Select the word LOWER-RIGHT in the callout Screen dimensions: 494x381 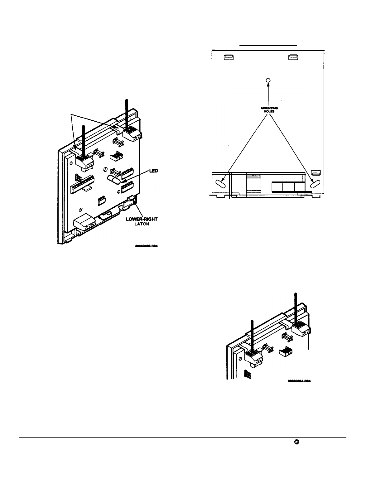click(142, 219)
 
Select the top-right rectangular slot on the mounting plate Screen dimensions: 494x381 click(293, 57)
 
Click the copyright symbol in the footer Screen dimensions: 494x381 click(296, 442)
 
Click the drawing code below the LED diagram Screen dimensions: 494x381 click(147, 246)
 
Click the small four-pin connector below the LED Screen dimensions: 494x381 click(101, 200)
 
